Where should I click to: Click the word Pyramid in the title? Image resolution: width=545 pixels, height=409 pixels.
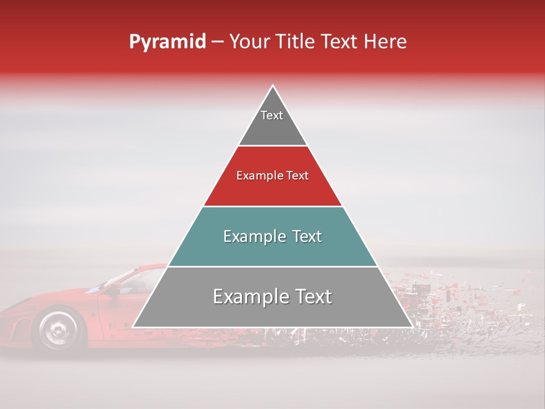click(167, 42)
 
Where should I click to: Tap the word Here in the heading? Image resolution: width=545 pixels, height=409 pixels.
click(385, 42)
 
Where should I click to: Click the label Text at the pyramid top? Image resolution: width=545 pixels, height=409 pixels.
click(272, 115)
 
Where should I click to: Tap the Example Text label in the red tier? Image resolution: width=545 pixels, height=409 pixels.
click(272, 176)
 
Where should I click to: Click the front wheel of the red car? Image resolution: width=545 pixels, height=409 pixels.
click(57, 329)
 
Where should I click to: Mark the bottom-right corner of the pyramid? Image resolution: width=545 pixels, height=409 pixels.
click(412, 327)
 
